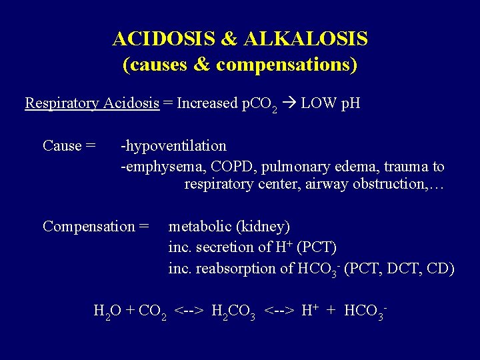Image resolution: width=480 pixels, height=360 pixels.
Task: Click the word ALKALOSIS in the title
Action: [306, 39]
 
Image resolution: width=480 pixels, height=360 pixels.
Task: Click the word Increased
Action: [207, 103]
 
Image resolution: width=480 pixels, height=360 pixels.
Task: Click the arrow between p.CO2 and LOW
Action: [291, 103]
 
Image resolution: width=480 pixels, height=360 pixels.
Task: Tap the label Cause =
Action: [69, 145]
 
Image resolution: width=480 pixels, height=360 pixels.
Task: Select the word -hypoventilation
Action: [173, 145]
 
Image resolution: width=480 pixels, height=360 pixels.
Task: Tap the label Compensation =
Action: [95, 226]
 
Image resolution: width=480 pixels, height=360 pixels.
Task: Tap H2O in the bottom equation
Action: [107, 311]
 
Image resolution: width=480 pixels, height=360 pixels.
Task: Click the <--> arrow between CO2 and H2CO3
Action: [189, 311]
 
